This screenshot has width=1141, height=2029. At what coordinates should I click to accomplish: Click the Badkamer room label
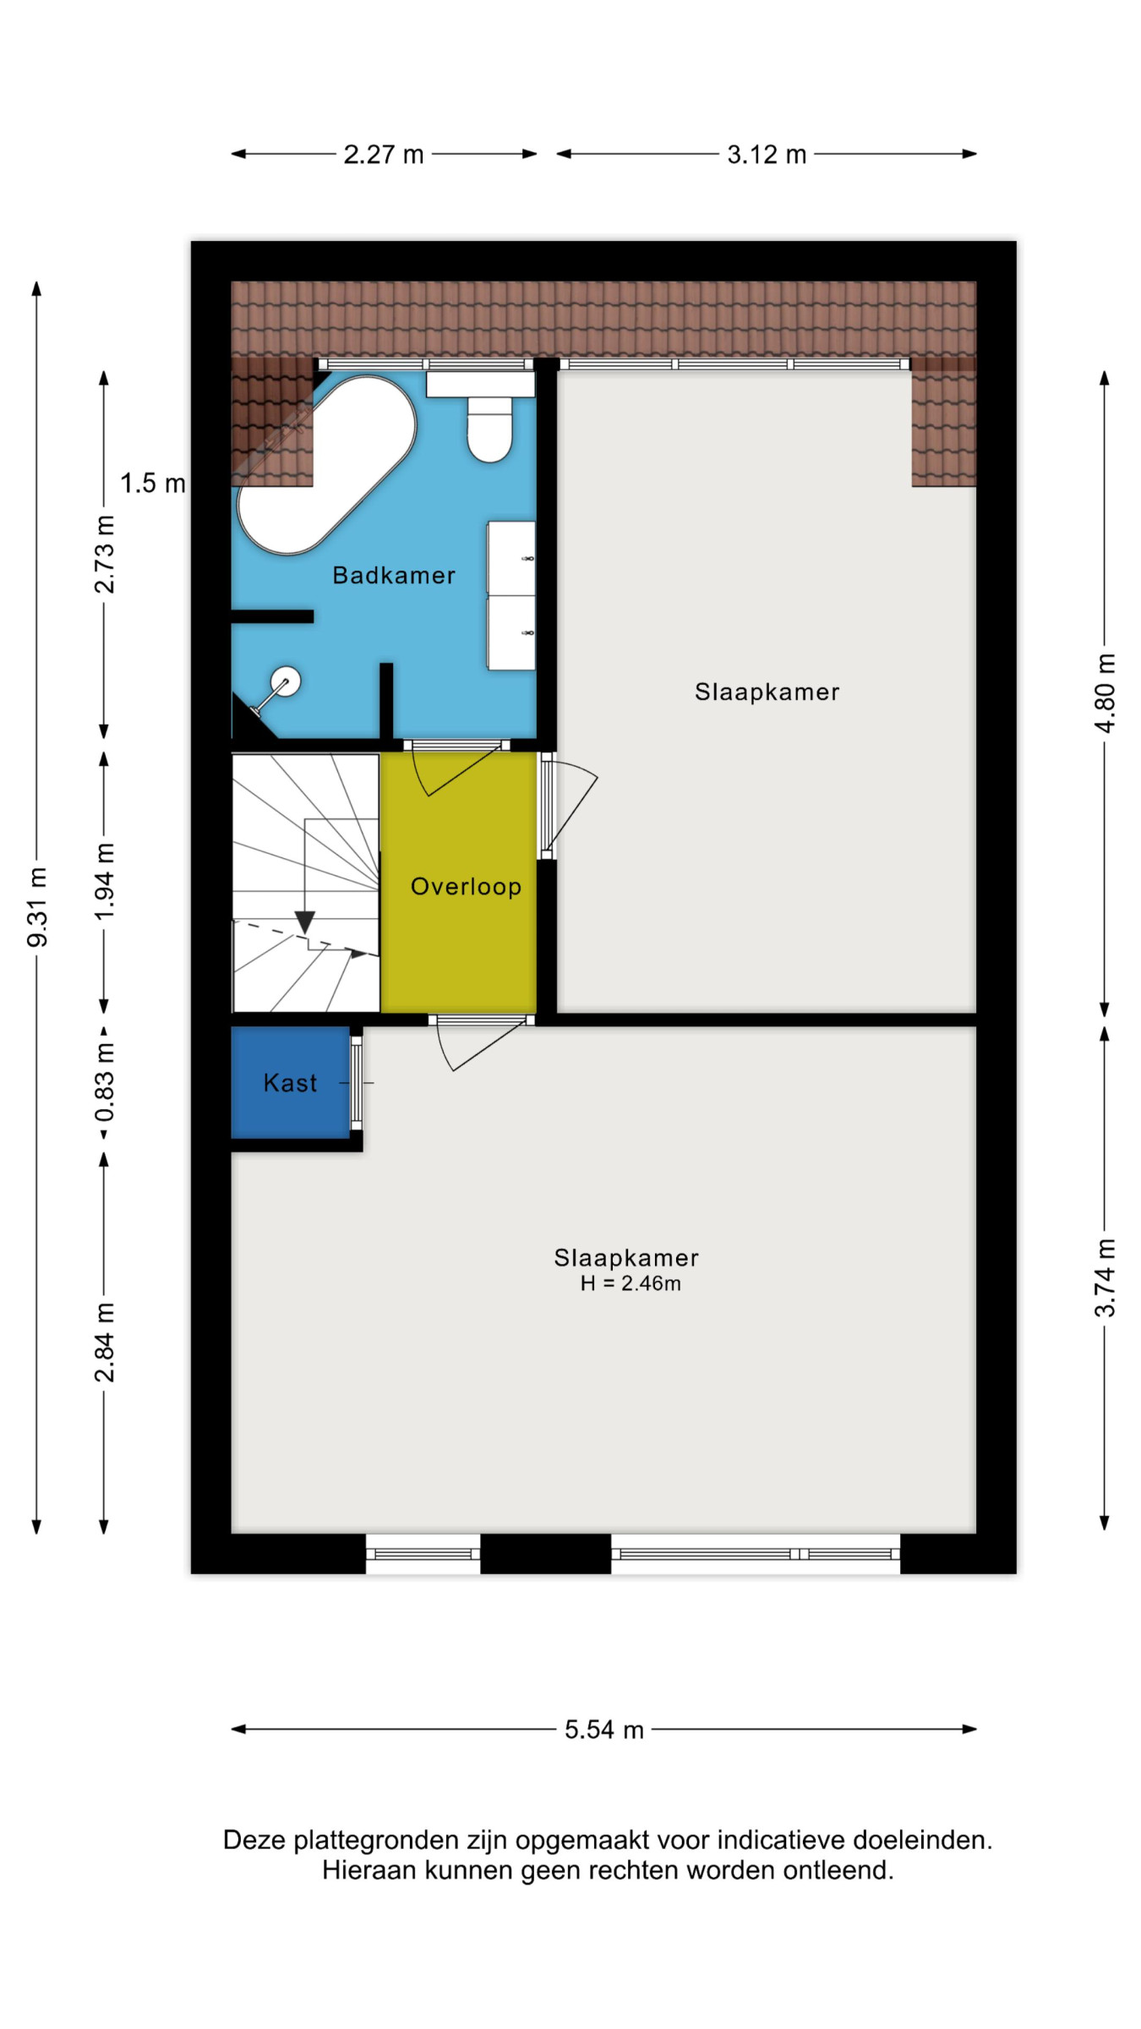click(x=393, y=576)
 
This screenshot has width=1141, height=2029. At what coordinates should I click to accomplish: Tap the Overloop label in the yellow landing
click(x=466, y=887)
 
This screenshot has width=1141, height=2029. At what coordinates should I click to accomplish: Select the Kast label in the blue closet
click(x=290, y=1083)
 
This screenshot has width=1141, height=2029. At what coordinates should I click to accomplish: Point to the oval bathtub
click(x=326, y=464)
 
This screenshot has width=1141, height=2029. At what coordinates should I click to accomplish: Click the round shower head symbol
click(x=285, y=681)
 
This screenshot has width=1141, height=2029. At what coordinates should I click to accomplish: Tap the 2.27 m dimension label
click(x=383, y=155)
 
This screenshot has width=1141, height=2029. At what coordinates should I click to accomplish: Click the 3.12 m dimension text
click(x=767, y=155)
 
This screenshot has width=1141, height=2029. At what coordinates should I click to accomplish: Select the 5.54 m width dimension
click(x=604, y=1730)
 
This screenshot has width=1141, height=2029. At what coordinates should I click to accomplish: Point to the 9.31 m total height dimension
click(x=38, y=907)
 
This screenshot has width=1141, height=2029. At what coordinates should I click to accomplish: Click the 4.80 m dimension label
click(x=1105, y=693)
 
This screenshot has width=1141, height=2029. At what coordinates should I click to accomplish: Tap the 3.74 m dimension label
click(x=1105, y=1277)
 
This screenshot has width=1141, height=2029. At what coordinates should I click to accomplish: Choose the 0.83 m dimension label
click(x=104, y=1083)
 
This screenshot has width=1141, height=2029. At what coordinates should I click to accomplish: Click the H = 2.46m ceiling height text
click(x=631, y=1283)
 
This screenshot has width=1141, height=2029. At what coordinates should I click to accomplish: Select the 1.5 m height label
click(x=152, y=484)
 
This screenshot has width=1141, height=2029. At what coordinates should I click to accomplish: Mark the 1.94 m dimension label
click(x=104, y=882)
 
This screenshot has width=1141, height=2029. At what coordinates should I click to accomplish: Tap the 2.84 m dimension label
click(x=104, y=1343)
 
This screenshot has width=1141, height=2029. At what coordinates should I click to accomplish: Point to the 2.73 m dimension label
click(x=104, y=554)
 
